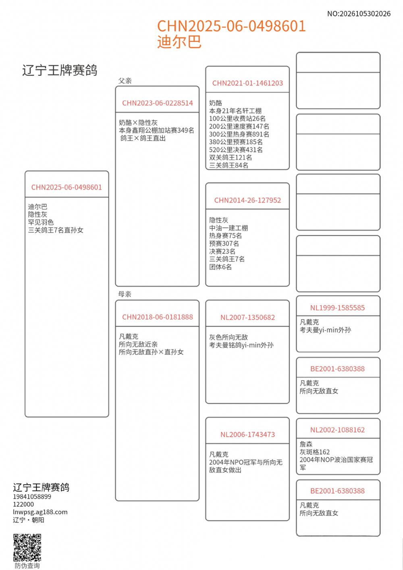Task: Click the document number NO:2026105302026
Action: pyautogui.click(x=359, y=14)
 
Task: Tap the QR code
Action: pyautogui.click(x=27, y=547)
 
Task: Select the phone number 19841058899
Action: pyautogui.click(x=32, y=497)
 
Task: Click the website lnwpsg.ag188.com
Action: pyautogui.click(x=40, y=512)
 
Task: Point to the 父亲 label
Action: pyautogui.click(x=125, y=81)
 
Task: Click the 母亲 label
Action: pyautogui.click(x=125, y=294)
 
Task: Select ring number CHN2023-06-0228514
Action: pyautogui.click(x=158, y=103)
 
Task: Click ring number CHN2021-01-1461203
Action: pyautogui.click(x=247, y=83)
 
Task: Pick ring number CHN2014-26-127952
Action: pyautogui.click(x=247, y=200)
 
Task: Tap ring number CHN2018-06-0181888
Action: pyautogui.click(x=158, y=317)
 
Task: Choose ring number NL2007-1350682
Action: pyautogui.click(x=247, y=317)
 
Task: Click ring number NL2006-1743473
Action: pyautogui.click(x=247, y=435)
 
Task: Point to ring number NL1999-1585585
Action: pyautogui.click(x=337, y=308)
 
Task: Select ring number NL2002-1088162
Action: pyautogui.click(x=337, y=430)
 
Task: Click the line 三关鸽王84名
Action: pyautogui.click(x=229, y=165)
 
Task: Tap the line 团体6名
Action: pyautogui.click(x=220, y=267)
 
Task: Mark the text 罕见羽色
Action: pyautogui.click(x=41, y=222)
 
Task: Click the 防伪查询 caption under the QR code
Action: pyautogui.click(x=27, y=566)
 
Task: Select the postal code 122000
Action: pyautogui.click(x=23, y=504)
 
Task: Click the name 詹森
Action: pyautogui.click(x=306, y=444)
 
